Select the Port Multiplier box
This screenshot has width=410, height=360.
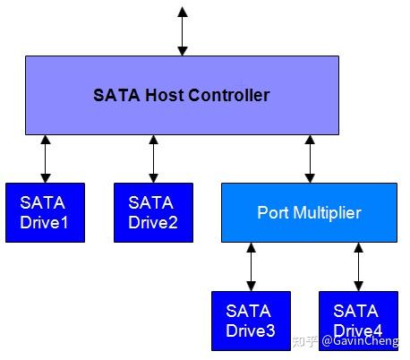point(309,213)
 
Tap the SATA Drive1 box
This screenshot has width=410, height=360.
point(45,212)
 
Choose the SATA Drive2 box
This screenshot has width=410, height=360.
point(153,212)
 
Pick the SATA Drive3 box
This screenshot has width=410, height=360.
point(251,321)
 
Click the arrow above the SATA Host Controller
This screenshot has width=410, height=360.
point(183,31)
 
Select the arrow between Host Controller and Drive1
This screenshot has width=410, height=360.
point(45,159)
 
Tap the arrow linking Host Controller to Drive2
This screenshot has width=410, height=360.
point(153,159)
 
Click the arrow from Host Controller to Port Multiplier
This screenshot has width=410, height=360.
point(310,159)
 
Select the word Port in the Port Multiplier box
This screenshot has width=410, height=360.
point(272,213)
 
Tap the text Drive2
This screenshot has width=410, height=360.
point(153,220)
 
